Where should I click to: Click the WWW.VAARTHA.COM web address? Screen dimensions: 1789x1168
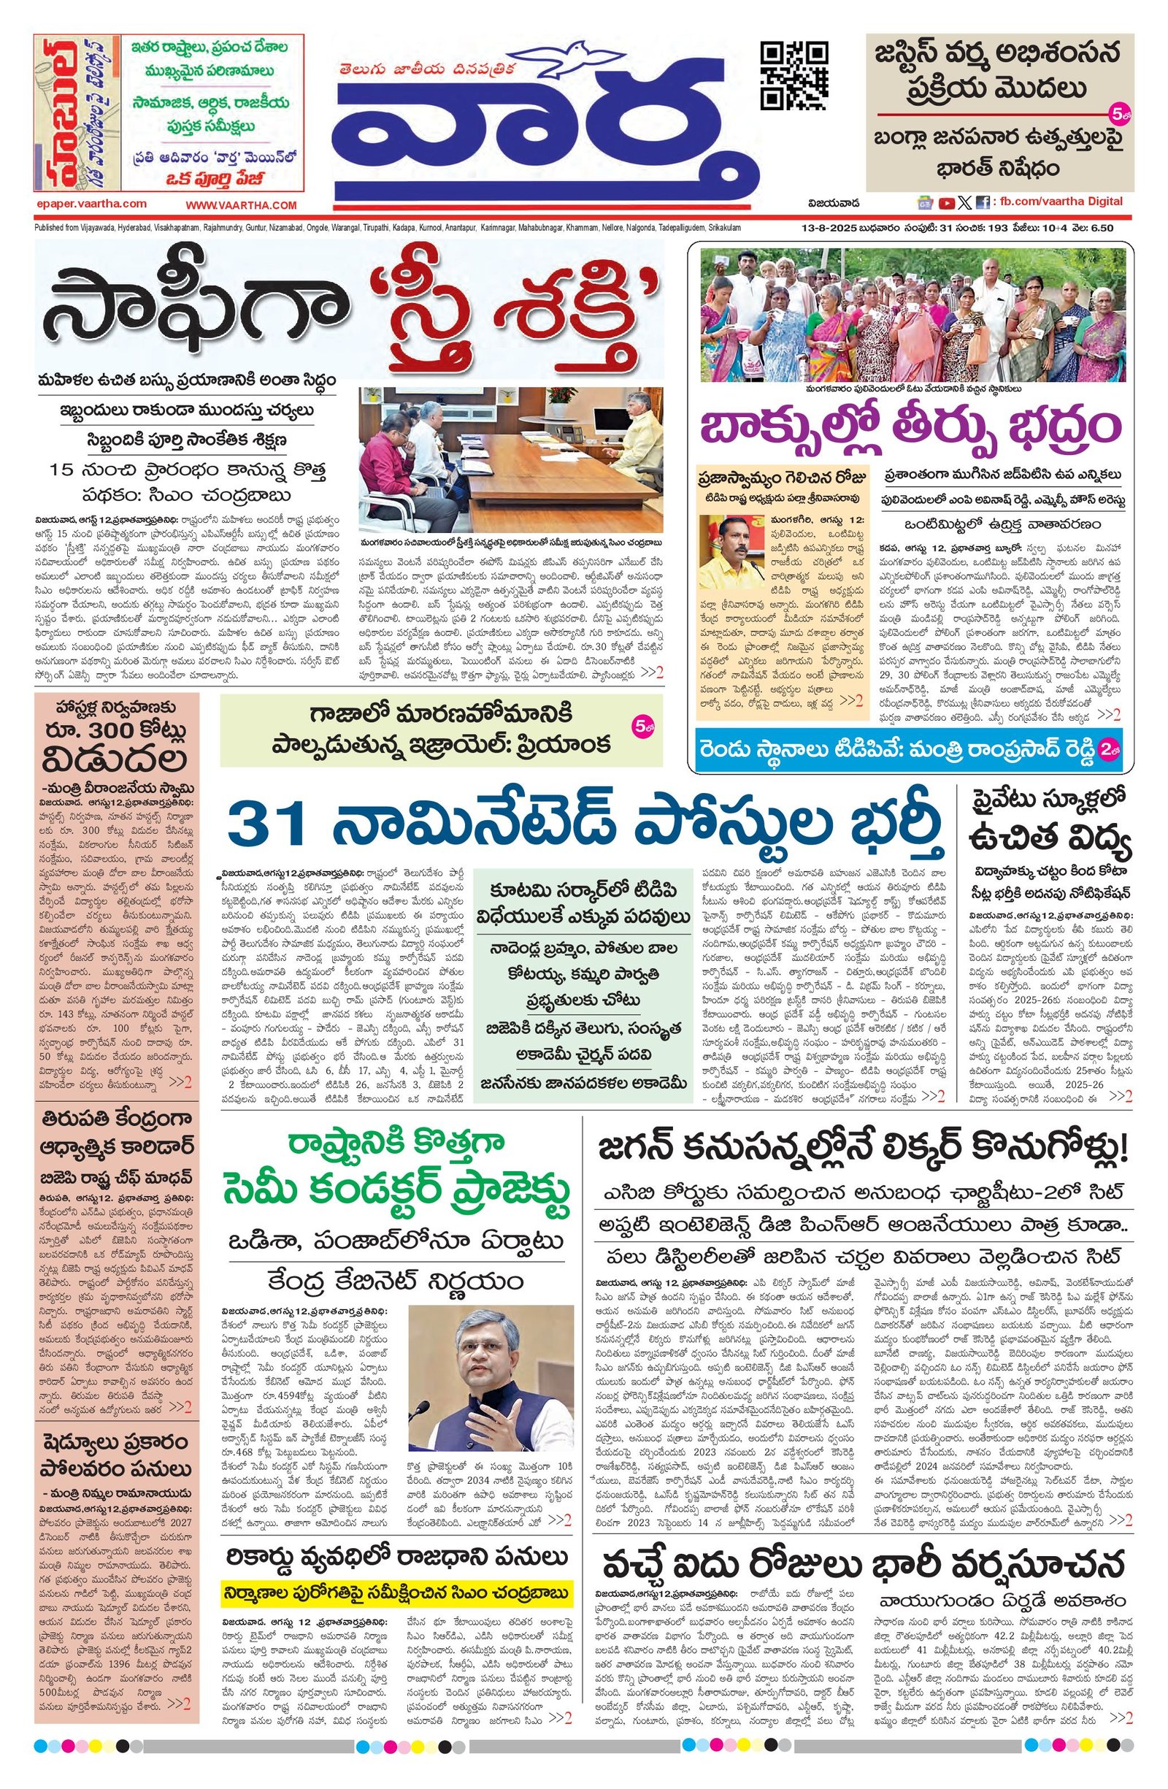[x=242, y=205]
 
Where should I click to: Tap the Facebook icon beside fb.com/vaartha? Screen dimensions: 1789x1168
[x=982, y=202]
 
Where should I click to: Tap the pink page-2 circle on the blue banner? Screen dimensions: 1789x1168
[x=1107, y=749]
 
